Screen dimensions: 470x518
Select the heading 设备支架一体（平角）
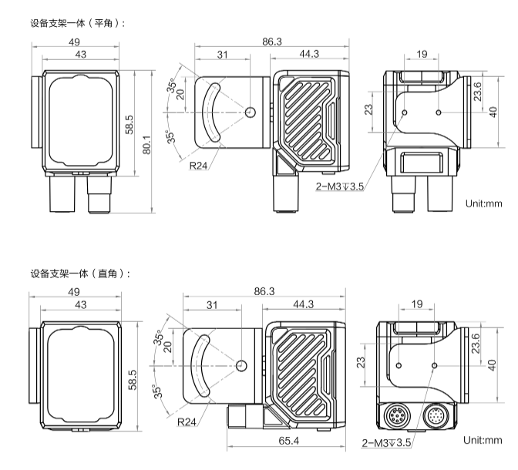pyautogui.click(x=78, y=24)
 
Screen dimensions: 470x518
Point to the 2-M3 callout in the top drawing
pyautogui.click(x=340, y=186)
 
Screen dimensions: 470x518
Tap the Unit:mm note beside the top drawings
pyautogui.click(x=483, y=204)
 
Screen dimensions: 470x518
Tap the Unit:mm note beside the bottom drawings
pyautogui.click(x=483, y=440)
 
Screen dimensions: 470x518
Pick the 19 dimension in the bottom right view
pyautogui.click(x=417, y=305)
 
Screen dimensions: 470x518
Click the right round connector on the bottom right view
pyautogui.click(x=436, y=416)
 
